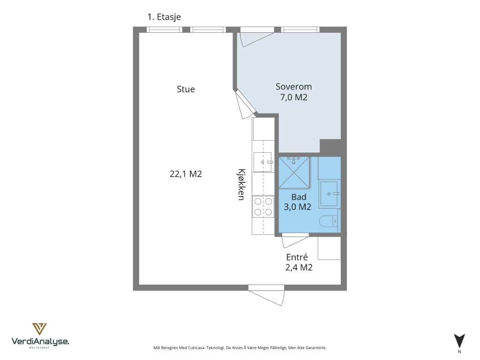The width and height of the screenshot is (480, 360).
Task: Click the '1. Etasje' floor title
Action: click(164, 17)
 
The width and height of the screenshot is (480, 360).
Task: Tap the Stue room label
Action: click(186, 89)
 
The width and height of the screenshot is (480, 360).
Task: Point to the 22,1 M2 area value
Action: click(186, 174)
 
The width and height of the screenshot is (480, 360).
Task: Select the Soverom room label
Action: click(293, 87)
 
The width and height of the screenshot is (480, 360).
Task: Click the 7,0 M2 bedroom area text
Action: click(293, 97)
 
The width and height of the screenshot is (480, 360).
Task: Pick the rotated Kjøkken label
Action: click(241, 184)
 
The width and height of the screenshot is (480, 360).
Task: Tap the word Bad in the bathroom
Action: click(299, 197)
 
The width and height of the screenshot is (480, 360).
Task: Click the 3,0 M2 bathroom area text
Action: click(298, 207)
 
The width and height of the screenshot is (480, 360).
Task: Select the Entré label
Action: click(297, 257)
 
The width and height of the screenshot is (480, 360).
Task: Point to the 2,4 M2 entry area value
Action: click(299, 267)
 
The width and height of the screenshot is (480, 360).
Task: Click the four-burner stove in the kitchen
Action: click(263, 207)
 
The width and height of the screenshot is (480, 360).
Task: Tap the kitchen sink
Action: click(263, 162)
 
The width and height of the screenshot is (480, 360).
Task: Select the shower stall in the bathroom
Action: click(294, 172)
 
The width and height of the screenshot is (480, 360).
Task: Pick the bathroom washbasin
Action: click(329, 194)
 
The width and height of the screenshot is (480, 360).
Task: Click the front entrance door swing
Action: click(266, 295)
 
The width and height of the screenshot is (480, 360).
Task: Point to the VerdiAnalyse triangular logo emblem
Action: click(39, 329)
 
